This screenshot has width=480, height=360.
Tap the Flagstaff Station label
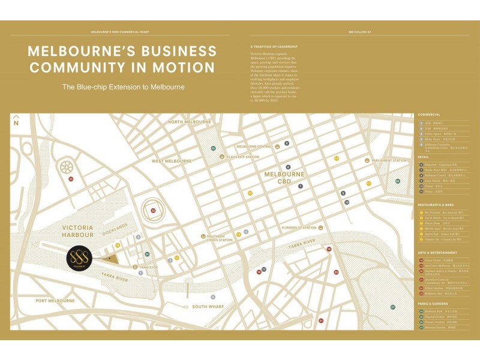coord(243,157)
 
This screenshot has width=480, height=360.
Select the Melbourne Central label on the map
coord(254,146)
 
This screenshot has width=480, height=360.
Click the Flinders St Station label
coord(299,228)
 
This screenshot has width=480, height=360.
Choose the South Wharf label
coord(208,307)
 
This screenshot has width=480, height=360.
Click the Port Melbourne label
coord(55,301)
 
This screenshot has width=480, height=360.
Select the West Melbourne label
coord(172,161)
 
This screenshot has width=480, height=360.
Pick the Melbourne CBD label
coord(284,178)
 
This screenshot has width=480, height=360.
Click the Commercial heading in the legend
coord(429,115)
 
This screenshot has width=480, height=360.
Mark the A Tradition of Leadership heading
coord(274,46)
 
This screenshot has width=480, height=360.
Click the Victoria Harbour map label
coord(77,232)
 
